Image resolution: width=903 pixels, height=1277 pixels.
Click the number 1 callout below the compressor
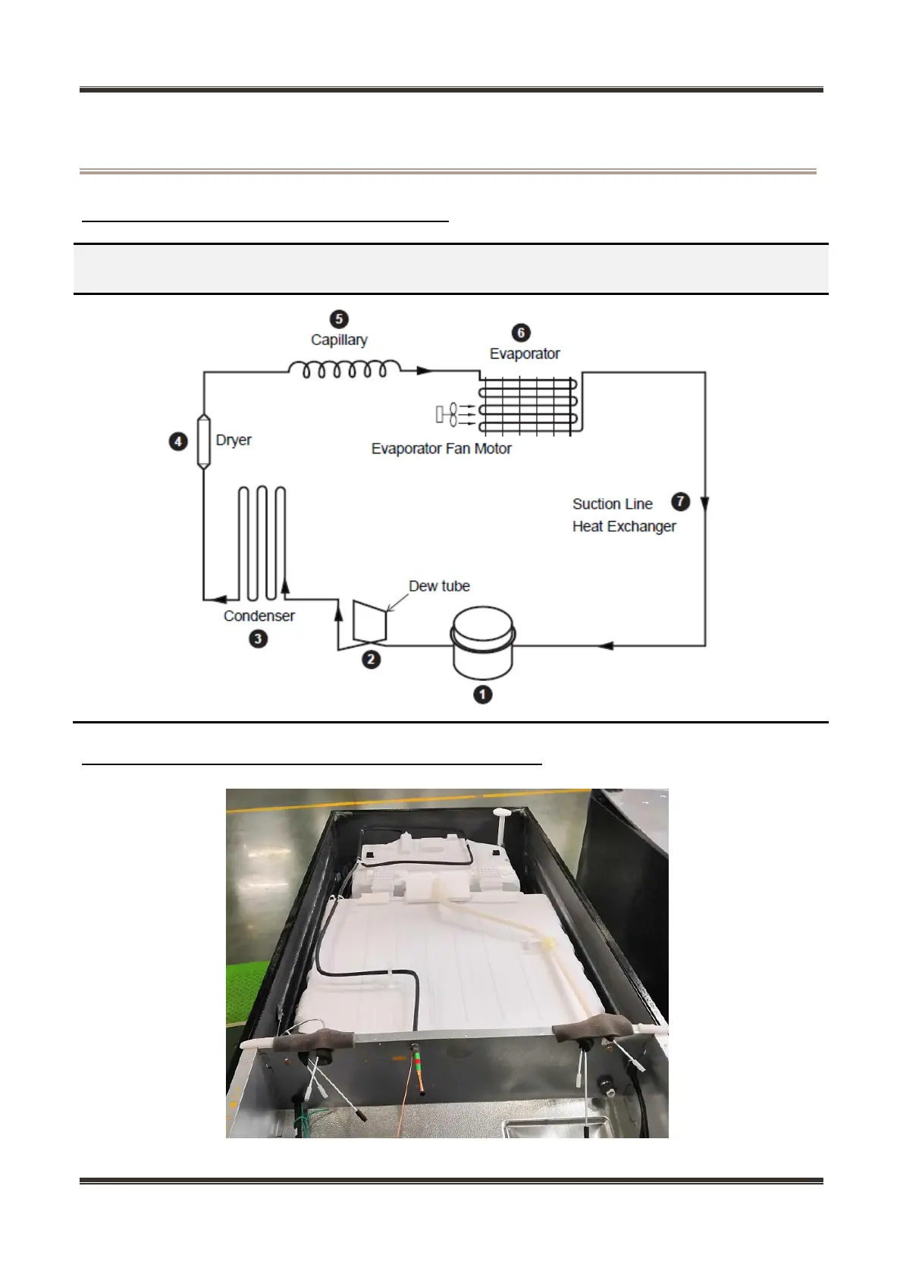(482, 694)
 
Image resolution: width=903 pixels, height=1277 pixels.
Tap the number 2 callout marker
(371, 659)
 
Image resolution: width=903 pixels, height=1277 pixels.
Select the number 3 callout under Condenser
(259, 638)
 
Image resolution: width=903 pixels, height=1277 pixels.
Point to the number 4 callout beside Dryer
(178, 441)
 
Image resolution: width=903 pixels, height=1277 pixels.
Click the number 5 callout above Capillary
(339, 319)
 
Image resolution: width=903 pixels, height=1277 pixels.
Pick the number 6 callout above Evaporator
(521, 332)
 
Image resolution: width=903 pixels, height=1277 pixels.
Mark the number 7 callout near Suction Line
(681, 501)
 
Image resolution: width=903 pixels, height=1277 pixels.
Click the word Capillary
(339, 340)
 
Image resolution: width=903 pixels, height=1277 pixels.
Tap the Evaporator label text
(525, 353)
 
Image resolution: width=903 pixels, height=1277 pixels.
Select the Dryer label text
(234, 440)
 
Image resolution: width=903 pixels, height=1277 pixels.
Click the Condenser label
(259, 616)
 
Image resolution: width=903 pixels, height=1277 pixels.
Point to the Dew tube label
(439, 585)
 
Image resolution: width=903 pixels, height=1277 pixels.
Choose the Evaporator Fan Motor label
(441, 448)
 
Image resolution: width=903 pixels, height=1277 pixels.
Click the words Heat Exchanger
(624, 526)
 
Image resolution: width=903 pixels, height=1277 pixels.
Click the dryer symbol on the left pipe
(203, 441)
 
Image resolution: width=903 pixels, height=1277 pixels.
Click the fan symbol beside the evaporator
(452, 414)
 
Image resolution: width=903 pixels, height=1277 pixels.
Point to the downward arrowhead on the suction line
(705, 504)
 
